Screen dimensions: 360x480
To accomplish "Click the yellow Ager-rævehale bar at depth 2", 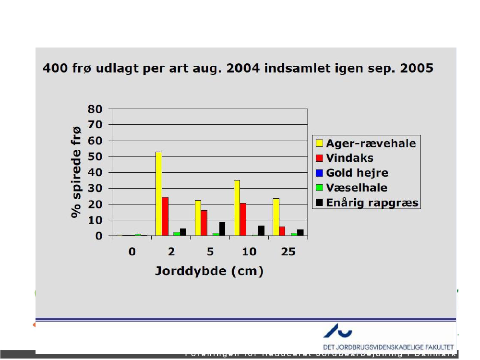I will click(x=158, y=194).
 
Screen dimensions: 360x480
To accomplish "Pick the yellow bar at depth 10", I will click(x=237, y=208).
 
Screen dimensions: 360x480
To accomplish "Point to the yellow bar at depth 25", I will click(x=276, y=217).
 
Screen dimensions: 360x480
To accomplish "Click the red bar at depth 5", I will click(x=204, y=223).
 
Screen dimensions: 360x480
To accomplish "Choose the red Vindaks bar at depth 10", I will click(x=243, y=219).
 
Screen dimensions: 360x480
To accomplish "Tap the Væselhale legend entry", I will click(x=357, y=188).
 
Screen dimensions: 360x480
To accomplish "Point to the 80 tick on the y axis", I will click(x=95, y=109).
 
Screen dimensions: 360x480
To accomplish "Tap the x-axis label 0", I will click(x=132, y=252).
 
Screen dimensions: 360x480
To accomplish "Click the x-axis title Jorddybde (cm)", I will click(x=209, y=271).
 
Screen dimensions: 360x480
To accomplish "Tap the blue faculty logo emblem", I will click(x=338, y=330).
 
